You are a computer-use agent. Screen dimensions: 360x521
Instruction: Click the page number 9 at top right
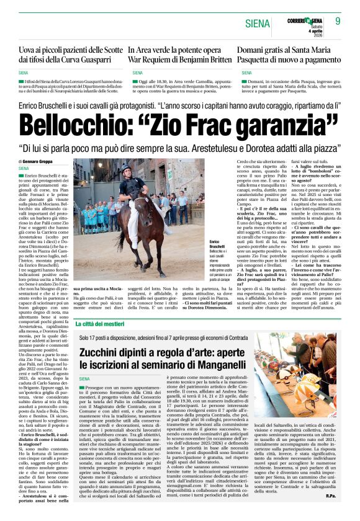(338, 21)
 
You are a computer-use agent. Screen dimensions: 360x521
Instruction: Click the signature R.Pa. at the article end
(331, 512)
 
